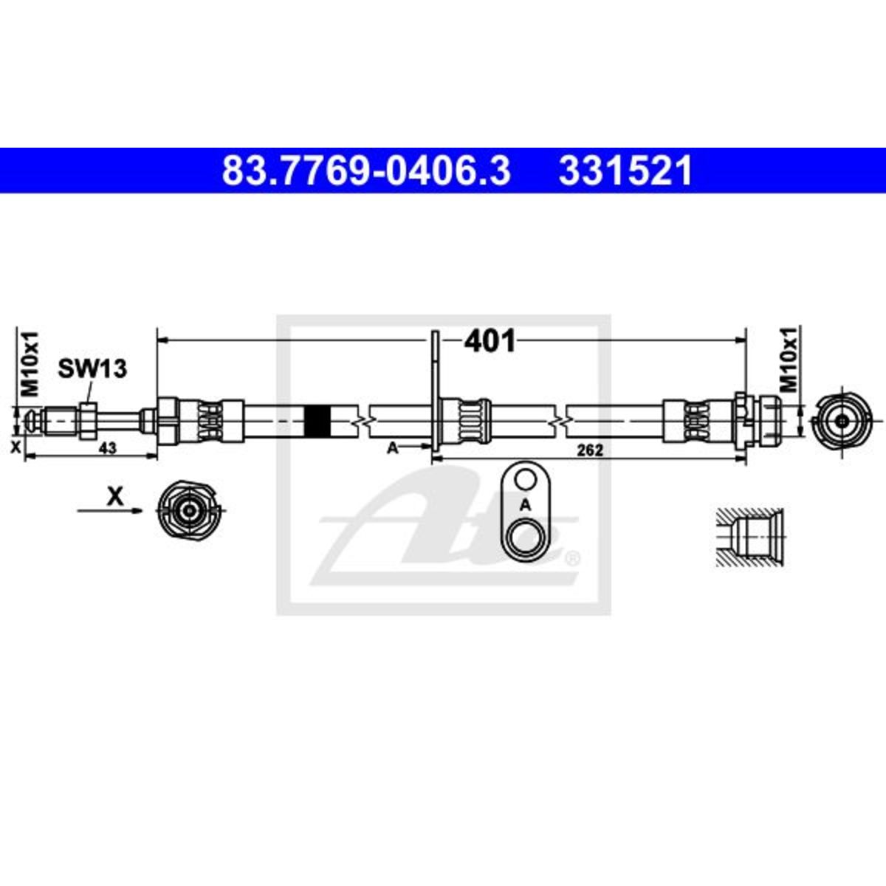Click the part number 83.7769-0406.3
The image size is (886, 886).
point(366,171)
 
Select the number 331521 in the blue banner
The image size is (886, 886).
point(625,171)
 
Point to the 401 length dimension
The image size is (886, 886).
point(490,342)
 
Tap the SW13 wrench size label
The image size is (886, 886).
point(92,368)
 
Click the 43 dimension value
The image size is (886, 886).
point(108,448)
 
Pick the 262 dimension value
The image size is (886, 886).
point(590,450)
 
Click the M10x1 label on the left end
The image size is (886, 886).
point(31,363)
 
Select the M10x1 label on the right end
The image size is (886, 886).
point(789,360)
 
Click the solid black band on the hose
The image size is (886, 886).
point(317,421)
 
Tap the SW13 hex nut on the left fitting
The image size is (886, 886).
point(87,420)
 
